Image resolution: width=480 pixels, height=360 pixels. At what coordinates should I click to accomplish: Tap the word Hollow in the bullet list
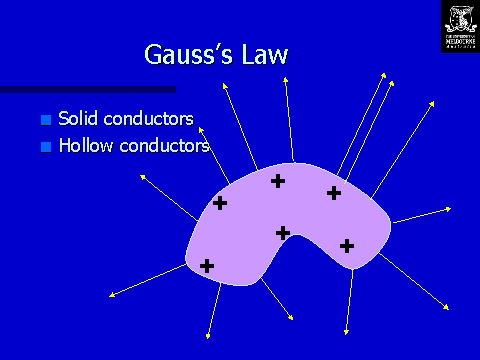[x=83, y=146]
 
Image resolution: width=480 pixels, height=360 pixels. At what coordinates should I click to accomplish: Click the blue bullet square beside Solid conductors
[x=45, y=120]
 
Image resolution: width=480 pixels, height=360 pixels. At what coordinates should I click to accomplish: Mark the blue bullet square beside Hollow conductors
[x=45, y=147]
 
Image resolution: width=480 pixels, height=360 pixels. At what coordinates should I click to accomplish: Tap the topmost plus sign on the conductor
[x=278, y=181]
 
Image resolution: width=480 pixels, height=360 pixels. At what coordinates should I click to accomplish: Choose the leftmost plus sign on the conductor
[x=207, y=266]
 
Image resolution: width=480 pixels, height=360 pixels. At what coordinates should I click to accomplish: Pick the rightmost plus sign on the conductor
[x=347, y=245]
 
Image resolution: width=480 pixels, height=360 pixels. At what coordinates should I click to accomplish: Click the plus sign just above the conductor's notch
[x=283, y=233]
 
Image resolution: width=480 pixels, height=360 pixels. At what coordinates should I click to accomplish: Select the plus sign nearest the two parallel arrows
[x=334, y=193]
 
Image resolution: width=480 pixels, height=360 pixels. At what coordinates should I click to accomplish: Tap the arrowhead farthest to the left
[x=110, y=295]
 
